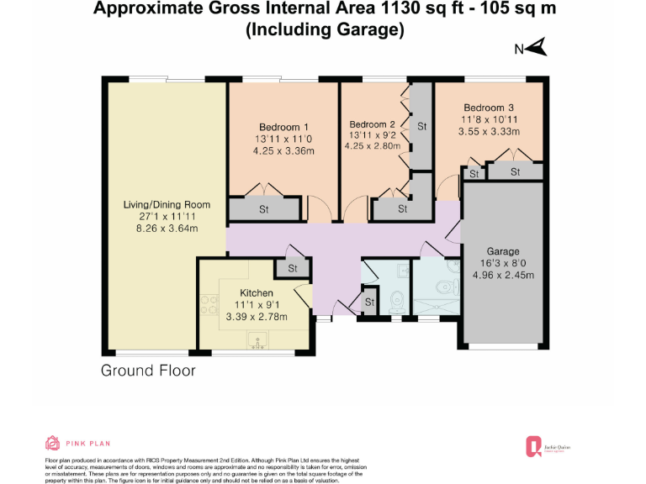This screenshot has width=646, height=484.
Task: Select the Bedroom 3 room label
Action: (x=489, y=108)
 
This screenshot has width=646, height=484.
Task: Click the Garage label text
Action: (x=502, y=251)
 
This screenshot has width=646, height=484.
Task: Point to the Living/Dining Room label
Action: (x=167, y=204)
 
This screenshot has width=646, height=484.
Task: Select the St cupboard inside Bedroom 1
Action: (x=263, y=208)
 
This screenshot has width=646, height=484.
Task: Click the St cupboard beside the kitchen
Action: (x=293, y=269)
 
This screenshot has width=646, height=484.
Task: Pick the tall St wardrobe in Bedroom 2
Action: (x=421, y=126)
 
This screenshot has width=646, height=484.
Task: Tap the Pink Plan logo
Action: (x=77, y=443)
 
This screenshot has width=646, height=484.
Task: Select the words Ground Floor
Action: (x=148, y=371)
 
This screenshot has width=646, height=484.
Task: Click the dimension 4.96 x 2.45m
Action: (x=503, y=274)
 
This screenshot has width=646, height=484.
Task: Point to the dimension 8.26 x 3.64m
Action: (x=167, y=228)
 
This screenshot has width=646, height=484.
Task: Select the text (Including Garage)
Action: (x=325, y=30)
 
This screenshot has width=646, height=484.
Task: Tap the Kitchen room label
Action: (x=257, y=292)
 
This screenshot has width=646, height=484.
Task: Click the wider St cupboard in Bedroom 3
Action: (x=515, y=172)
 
